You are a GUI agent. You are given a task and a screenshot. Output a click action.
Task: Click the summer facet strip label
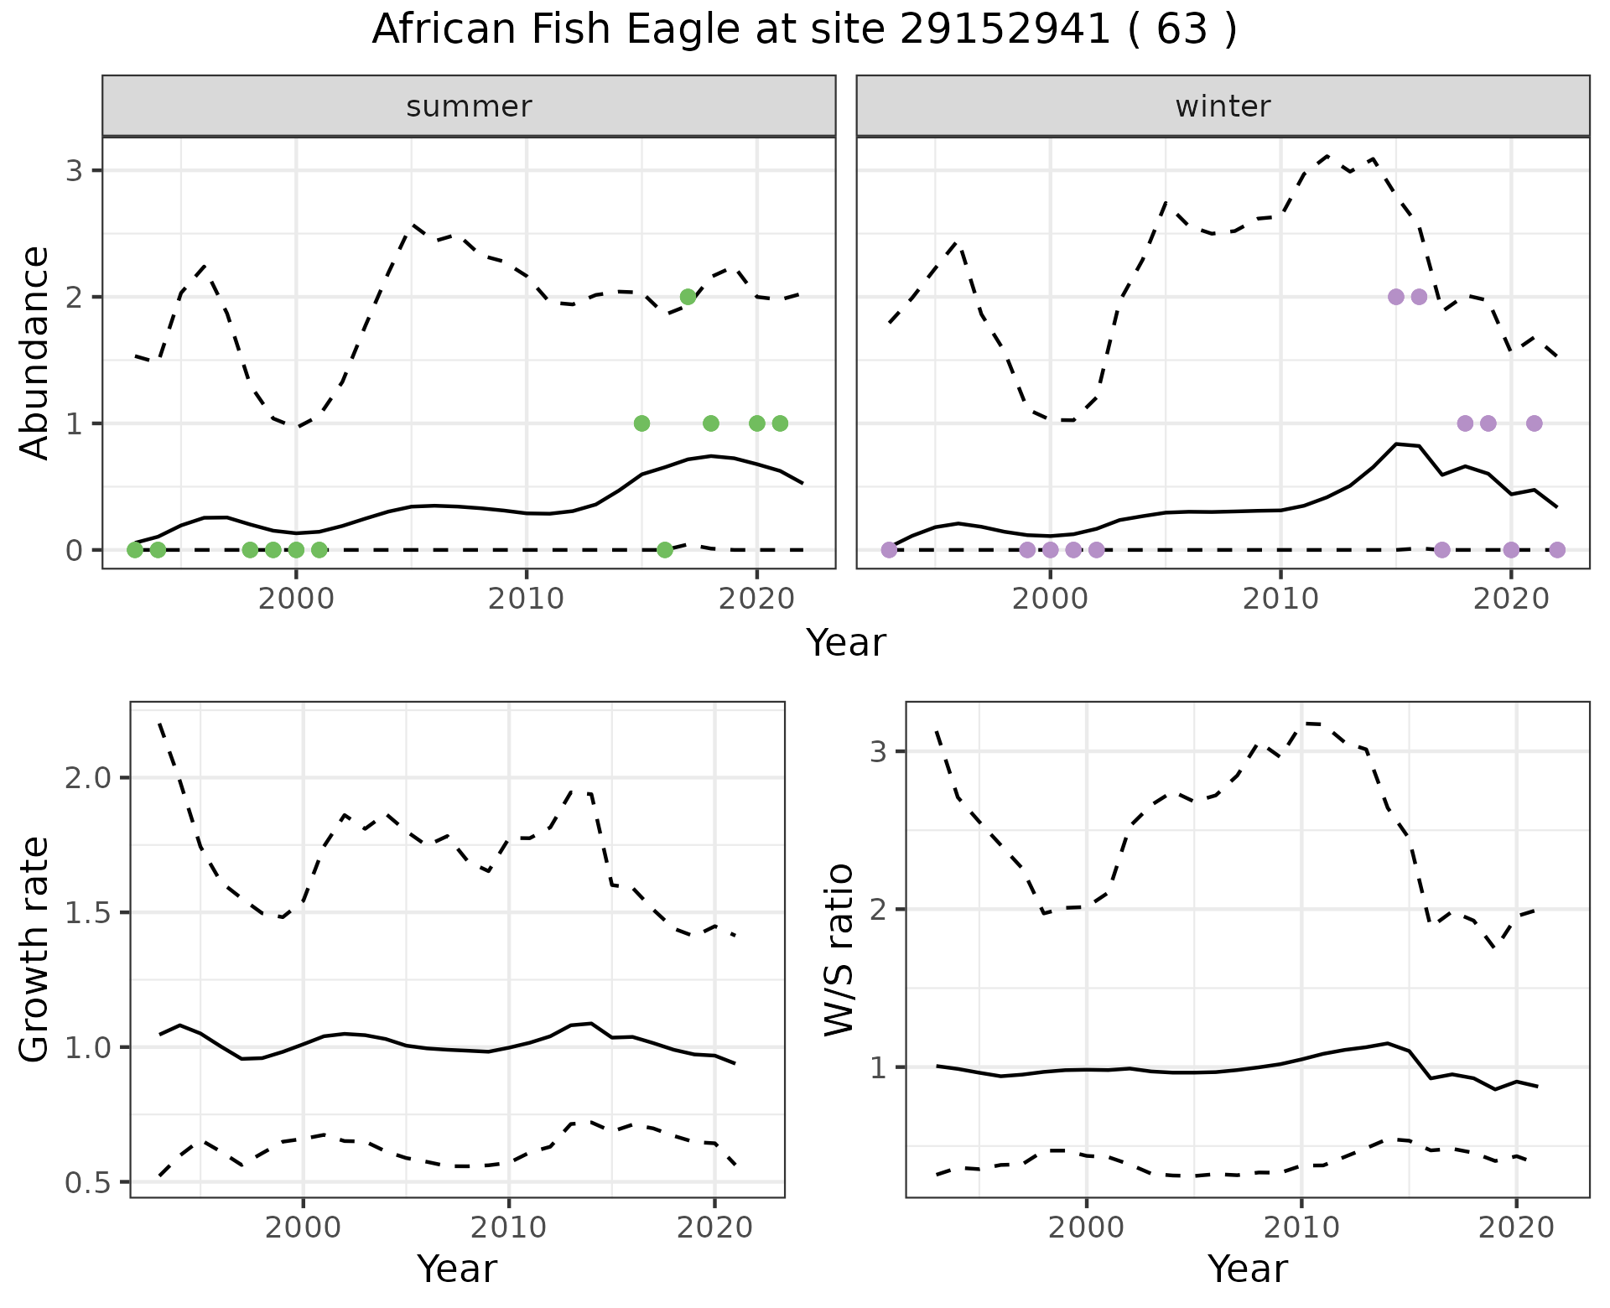pyautogui.click(x=469, y=106)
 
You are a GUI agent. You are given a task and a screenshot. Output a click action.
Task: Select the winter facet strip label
pyautogui.click(x=1223, y=106)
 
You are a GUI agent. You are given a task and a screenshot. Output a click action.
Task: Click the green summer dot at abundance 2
pyautogui.click(x=688, y=297)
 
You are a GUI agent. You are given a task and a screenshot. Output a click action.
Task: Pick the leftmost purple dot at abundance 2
pyautogui.click(x=1396, y=297)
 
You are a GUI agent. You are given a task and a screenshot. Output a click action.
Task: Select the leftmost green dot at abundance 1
pyautogui.click(x=641, y=423)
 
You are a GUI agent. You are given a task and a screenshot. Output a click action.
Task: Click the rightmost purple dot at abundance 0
pyautogui.click(x=1557, y=550)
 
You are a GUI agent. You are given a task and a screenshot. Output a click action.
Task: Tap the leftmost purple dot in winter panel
pyautogui.click(x=889, y=550)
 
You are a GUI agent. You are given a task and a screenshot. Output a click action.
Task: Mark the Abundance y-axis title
pyautogui.click(x=35, y=352)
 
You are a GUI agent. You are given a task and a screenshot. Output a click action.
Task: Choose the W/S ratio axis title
pyautogui.click(x=839, y=949)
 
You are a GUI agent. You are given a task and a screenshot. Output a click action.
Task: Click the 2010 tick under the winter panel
pyautogui.click(x=1280, y=600)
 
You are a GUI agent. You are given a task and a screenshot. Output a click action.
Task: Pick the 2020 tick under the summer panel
pyautogui.click(x=757, y=600)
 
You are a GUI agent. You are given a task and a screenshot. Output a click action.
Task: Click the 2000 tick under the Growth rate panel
pyautogui.click(x=303, y=1228)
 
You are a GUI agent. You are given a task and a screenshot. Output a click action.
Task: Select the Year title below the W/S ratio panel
pyautogui.click(x=1248, y=1269)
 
